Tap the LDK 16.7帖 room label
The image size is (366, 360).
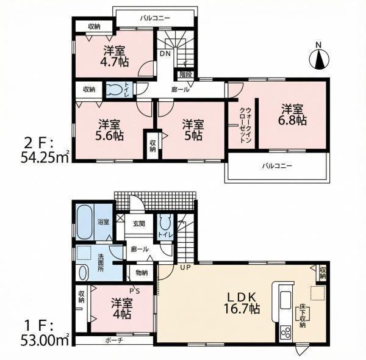(242, 303)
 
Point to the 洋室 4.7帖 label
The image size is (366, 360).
(115, 56)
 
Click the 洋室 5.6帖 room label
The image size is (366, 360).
(109, 130)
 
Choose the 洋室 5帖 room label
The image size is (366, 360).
(193, 130)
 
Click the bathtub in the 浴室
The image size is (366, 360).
(84, 221)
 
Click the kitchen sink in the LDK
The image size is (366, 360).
(285, 300)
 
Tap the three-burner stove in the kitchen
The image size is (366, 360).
(285, 333)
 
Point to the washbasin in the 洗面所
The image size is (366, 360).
(83, 273)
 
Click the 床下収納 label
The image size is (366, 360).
(303, 316)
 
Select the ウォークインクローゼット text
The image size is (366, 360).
(245, 125)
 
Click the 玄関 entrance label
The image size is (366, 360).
(139, 224)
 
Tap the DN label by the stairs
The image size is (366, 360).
(165, 54)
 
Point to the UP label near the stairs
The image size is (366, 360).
(185, 267)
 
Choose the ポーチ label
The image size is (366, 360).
(114, 340)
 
